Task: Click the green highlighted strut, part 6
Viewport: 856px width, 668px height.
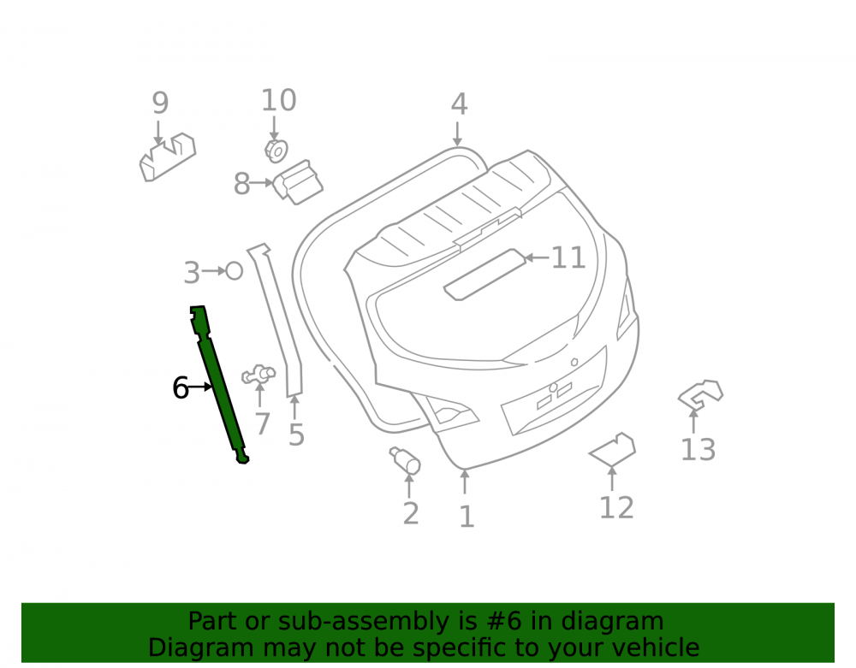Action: point(218,381)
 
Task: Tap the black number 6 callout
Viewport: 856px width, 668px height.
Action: point(180,388)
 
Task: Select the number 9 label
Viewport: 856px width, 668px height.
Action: point(160,103)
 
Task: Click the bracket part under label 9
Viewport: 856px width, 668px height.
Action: point(168,157)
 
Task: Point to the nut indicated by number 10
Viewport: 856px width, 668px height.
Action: point(276,151)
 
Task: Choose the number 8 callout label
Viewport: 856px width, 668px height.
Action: point(241,184)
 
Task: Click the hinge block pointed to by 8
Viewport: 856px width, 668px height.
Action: point(298,182)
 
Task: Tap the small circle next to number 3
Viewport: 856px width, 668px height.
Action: point(235,271)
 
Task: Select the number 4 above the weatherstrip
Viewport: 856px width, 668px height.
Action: point(459,104)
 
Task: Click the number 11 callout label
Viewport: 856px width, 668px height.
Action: point(568,257)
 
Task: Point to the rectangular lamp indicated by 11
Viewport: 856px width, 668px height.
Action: point(484,275)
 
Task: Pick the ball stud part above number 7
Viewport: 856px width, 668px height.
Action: point(259,374)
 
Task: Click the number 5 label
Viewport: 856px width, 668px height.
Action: point(296,435)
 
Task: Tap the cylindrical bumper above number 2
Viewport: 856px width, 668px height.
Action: point(405,461)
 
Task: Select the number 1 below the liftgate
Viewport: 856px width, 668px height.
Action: point(467,517)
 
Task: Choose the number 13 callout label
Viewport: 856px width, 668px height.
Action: point(698,450)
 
